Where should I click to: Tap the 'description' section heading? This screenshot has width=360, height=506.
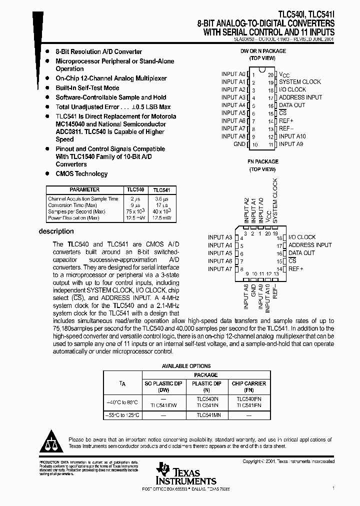coord(56,231)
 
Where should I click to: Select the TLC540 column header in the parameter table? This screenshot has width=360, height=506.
coord(135,190)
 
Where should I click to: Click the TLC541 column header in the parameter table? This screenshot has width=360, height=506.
coord(161,190)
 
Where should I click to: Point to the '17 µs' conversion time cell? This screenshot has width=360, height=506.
coord(161,205)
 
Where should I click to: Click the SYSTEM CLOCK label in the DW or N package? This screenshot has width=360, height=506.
coord(299,82)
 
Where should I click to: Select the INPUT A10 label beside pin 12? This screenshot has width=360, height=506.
coord(292,136)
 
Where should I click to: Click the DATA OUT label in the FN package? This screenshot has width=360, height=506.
coord(301,253)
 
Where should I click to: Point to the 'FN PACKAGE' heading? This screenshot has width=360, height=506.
coord(263,162)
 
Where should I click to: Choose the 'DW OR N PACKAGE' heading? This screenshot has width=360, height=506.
coord(263,51)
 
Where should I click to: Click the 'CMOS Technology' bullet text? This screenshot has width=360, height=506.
coord(81,174)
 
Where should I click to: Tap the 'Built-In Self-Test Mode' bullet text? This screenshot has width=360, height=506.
coord(87,88)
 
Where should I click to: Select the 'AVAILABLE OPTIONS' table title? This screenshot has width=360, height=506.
coord(186,366)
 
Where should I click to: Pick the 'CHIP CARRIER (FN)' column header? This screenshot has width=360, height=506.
coord(249,386)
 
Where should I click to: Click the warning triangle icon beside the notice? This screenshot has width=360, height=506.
coord(50,440)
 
